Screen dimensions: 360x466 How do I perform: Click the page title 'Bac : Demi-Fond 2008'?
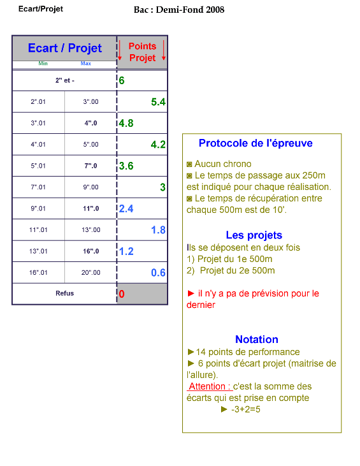[179, 10]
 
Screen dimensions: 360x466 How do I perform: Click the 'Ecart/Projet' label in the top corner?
[41, 9]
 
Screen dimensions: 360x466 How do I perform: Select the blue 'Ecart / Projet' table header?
[65, 48]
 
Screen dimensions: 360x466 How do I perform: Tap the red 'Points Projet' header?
[142, 52]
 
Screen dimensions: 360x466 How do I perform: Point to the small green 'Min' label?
[43, 63]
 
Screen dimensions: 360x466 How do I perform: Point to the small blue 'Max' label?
[86, 63]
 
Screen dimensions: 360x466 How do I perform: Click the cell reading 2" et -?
[65, 80]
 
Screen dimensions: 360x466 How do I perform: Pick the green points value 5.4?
[158, 102]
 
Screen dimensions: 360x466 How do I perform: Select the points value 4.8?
[126, 123]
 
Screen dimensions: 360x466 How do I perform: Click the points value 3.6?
[126, 166]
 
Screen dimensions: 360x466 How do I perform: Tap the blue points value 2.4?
[126, 208]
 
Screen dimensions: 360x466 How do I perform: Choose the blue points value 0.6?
[158, 273]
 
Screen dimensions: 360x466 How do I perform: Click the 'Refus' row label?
[64, 293]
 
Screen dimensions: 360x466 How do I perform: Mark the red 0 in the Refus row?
[122, 294]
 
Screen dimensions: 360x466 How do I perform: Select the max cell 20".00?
[90, 273]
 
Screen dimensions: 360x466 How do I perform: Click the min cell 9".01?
[38, 208]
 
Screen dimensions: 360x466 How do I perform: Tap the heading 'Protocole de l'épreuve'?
[256, 143]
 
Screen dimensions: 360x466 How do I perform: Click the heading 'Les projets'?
[254, 235]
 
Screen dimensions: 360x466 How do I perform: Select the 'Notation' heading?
[257, 339]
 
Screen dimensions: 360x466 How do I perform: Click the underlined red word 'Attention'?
[207, 386]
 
